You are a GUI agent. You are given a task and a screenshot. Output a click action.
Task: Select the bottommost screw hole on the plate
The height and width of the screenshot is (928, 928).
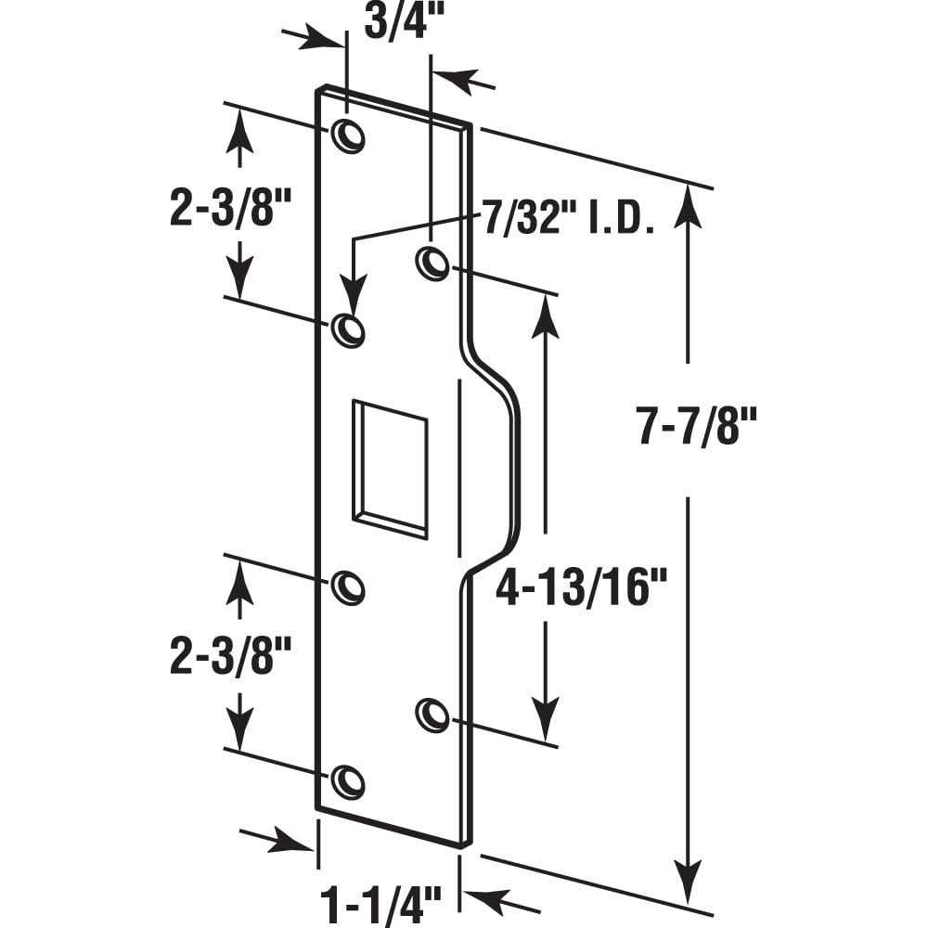tap(348, 781)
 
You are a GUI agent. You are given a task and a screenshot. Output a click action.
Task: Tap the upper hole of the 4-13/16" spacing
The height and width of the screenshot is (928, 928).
tap(432, 263)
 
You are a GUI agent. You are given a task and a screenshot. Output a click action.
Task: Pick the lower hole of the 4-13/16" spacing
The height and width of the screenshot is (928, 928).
tap(431, 714)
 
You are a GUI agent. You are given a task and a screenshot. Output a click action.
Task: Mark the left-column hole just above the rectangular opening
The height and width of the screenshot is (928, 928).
tap(348, 329)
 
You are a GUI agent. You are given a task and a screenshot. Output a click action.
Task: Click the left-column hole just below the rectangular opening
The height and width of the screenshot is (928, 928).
tap(348, 587)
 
